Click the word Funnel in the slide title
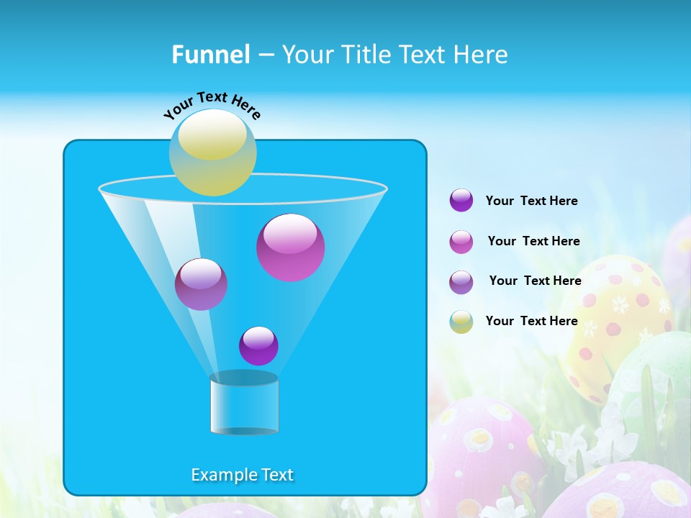210,55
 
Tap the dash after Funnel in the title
265,55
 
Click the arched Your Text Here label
212,104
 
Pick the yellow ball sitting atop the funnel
212,153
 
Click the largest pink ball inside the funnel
290,247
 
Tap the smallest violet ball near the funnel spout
258,345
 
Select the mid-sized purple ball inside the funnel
201,284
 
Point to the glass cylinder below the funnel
244,404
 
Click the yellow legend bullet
461,322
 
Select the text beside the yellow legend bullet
531,321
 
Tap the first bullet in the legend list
461,200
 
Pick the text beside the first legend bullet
531,201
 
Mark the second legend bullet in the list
461,242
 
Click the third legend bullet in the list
461,282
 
